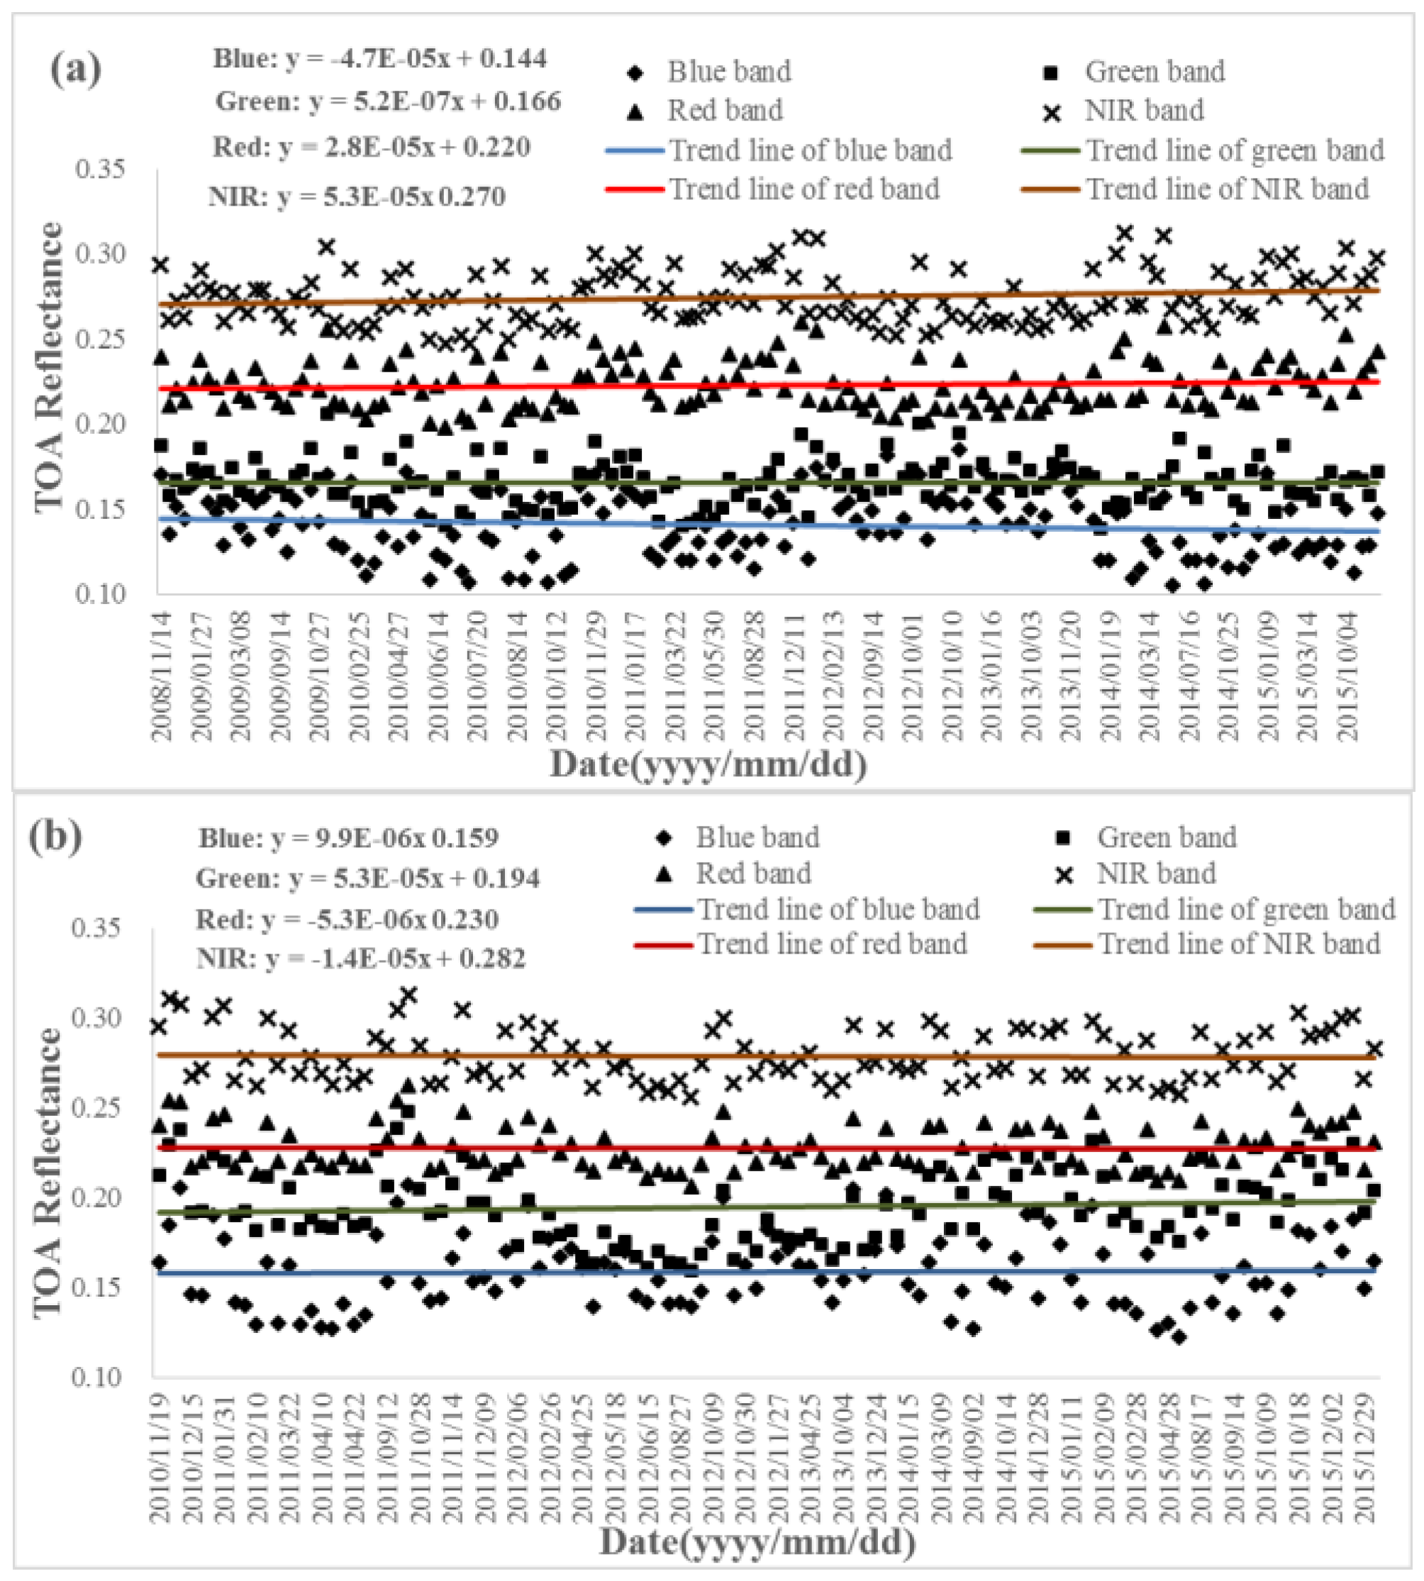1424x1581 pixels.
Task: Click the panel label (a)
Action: [76, 70]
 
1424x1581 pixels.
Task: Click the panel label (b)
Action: [55, 837]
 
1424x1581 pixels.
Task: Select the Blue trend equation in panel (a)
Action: [380, 59]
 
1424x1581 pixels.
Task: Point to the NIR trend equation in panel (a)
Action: [357, 196]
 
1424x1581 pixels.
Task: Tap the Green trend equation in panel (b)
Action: [368, 878]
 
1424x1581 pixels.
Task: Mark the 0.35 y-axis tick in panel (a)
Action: [101, 169]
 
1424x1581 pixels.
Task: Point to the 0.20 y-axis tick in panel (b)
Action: [97, 1197]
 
